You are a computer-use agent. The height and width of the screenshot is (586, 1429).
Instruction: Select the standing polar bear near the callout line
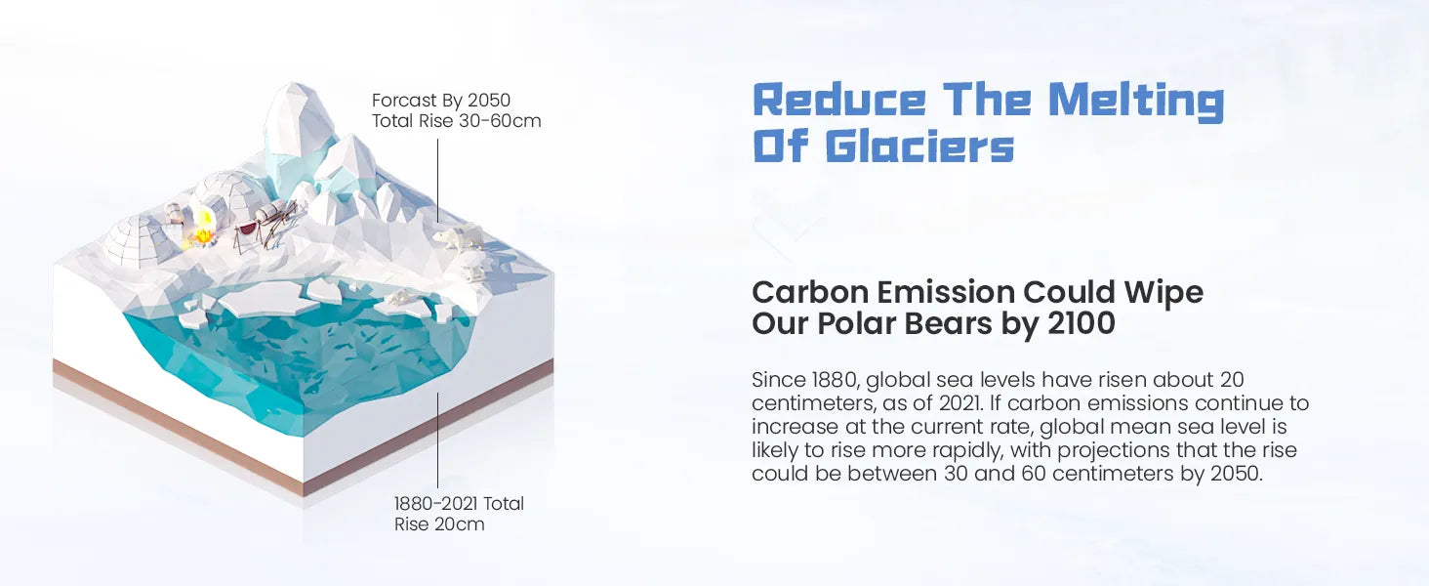click(x=458, y=236)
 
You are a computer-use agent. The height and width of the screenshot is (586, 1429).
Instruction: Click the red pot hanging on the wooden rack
click(x=247, y=228)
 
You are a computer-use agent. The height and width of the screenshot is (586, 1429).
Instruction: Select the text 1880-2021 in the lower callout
click(x=435, y=504)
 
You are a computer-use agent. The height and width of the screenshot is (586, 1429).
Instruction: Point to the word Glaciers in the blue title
click(x=919, y=146)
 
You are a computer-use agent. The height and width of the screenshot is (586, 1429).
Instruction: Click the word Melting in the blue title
click(x=1136, y=101)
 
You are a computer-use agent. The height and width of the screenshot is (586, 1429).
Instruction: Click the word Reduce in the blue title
click(x=839, y=101)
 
